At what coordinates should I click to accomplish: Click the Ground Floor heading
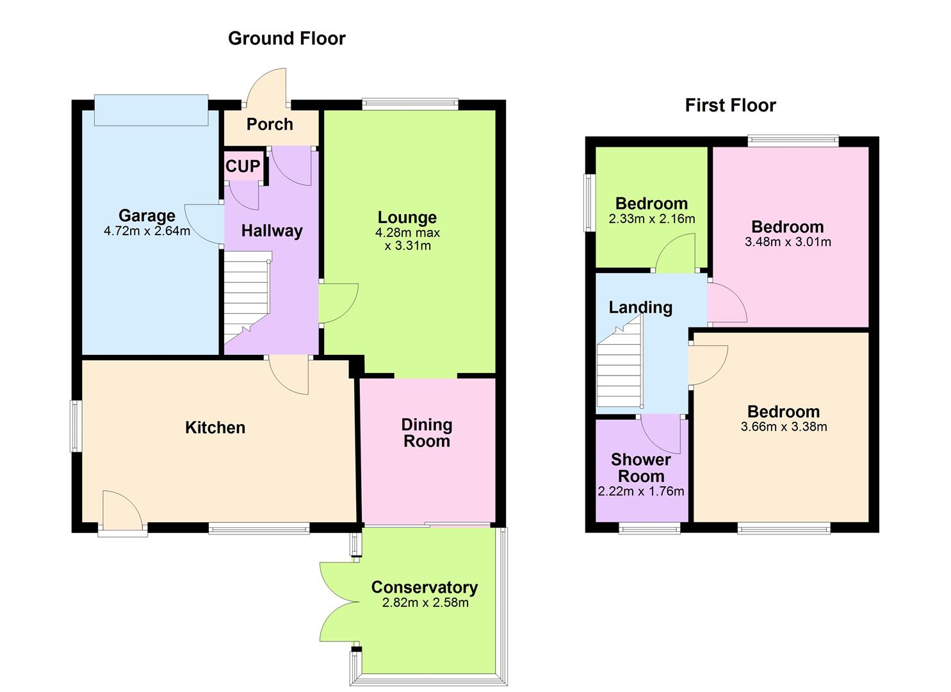tap(286, 38)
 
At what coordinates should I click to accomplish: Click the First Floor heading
tap(730, 105)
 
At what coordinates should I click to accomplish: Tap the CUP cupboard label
tap(243, 167)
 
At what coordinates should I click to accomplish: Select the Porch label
tap(270, 124)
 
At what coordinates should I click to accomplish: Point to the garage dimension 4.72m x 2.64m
tap(147, 231)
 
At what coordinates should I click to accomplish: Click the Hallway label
tap(272, 231)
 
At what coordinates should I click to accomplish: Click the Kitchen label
tap(215, 427)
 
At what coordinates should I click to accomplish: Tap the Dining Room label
tap(427, 433)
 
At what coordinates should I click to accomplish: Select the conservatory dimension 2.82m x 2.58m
tap(425, 603)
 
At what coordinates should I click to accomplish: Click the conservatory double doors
tap(338, 602)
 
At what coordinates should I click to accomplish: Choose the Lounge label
tap(407, 217)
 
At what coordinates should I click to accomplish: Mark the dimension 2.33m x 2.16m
tap(651, 219)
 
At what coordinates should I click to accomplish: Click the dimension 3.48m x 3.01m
tap(788, 242)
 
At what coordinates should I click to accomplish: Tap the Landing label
tap(640, 308)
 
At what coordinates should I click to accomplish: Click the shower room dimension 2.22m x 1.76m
tap(641, 492)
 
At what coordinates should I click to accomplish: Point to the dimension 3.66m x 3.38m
tap(784, 427)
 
